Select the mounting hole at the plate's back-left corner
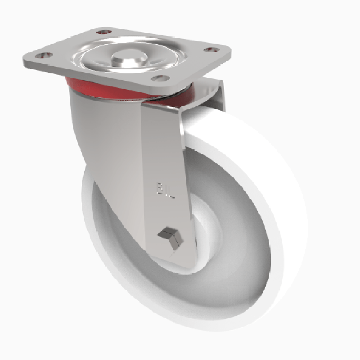point(103,32)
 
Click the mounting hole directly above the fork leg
point(158,78)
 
